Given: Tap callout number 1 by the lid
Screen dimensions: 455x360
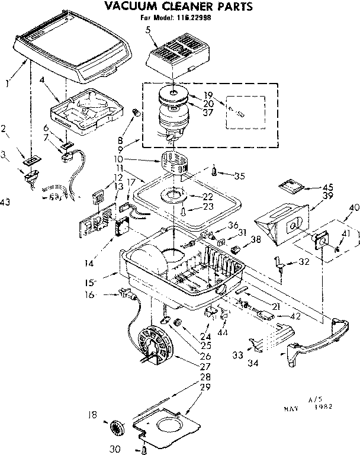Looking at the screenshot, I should [7, 84].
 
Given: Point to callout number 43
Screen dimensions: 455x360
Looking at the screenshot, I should [6, 203].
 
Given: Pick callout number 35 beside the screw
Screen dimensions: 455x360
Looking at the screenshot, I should [239, 175].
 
